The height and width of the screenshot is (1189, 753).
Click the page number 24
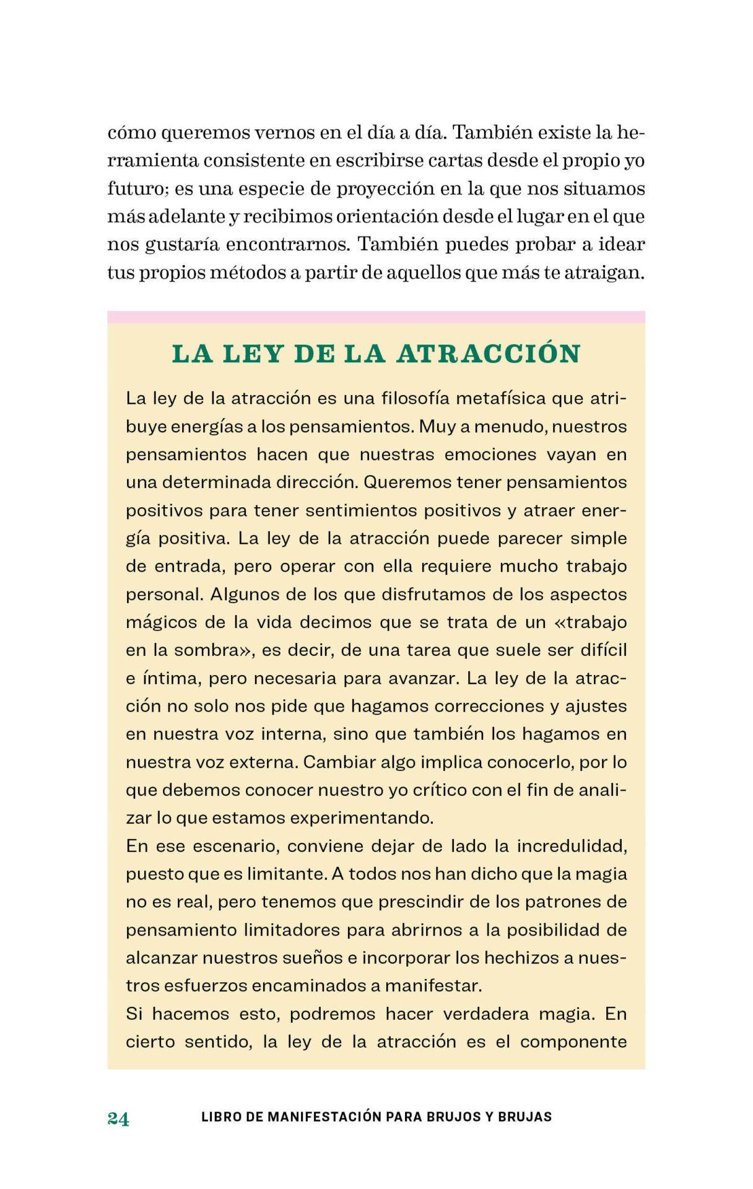[x=118, y=1118]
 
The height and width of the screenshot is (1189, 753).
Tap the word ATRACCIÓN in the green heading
[x=489, y=354]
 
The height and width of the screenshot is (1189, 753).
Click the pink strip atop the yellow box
[x=376, y=317]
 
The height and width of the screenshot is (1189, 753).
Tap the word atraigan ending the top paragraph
[x=604, y=273]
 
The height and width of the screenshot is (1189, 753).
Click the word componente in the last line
[x=573, y=1042]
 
